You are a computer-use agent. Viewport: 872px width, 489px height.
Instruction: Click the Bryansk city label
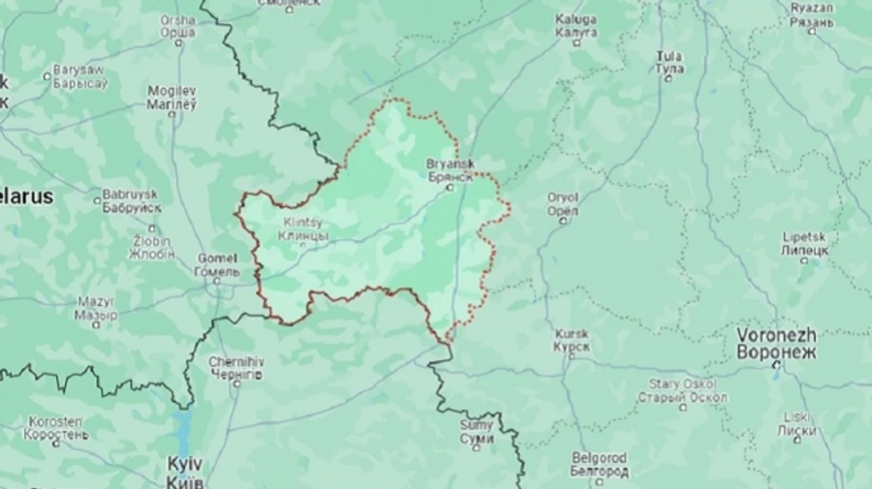pyautogui.click(x=450, y=170)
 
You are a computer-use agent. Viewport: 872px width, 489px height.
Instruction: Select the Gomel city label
pyautogui.click(x=217, y=264)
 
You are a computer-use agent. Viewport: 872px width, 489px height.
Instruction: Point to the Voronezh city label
pyautogui.click(x=776, y=343)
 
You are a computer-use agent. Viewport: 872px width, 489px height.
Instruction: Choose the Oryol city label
pyautogui.click(x=562, y=203)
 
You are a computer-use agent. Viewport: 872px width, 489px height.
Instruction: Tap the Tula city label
pyautogui.click(x=669, y=63)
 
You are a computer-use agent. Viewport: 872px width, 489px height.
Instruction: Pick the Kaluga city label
pyautogui.click(x=576, y=25)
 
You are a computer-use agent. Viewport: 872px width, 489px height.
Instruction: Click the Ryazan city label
pyautogui.click(x=811, y=15)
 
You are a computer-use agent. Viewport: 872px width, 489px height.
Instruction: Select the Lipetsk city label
pyautogui.click(x=805, y=242)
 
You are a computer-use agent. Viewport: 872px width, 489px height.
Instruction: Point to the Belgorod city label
pyautogui.click(x=599, y=464)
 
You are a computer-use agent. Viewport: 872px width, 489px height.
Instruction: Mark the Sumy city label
pyautogui.click(x=476, y=432)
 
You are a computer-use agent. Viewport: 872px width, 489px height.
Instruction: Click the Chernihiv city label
pyautogui.click(x=235, y=368)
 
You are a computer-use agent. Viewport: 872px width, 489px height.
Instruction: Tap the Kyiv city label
pyautogui.click(x=184, y=469)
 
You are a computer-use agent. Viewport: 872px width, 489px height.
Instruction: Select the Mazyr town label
pyautogui.click(x=96, y=308)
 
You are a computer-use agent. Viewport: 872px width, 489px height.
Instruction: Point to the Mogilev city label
pyautogui.click(x=171, y=97)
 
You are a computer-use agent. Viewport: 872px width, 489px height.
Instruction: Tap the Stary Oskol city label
pyautogui.click(x=682, y=391)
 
